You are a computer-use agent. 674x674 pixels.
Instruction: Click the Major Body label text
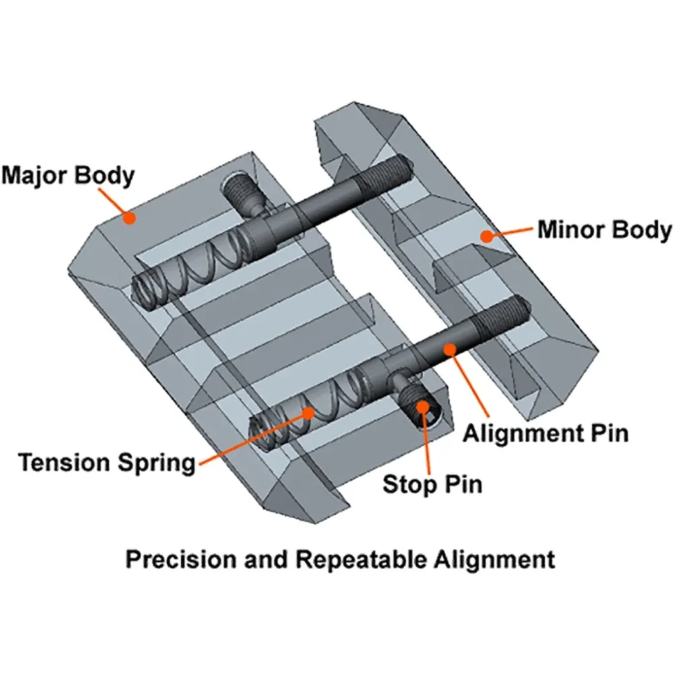68,175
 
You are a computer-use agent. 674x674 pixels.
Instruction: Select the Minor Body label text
604,230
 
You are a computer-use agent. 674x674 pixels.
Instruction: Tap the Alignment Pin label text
545,432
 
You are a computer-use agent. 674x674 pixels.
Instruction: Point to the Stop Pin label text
433,483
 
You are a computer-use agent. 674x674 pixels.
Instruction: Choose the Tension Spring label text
106,463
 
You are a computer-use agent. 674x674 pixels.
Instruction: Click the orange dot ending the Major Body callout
130,217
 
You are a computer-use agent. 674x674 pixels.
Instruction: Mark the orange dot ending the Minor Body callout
484,235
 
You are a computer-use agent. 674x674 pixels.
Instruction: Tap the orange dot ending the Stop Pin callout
422,406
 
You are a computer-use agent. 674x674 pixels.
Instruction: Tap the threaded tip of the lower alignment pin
511,311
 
